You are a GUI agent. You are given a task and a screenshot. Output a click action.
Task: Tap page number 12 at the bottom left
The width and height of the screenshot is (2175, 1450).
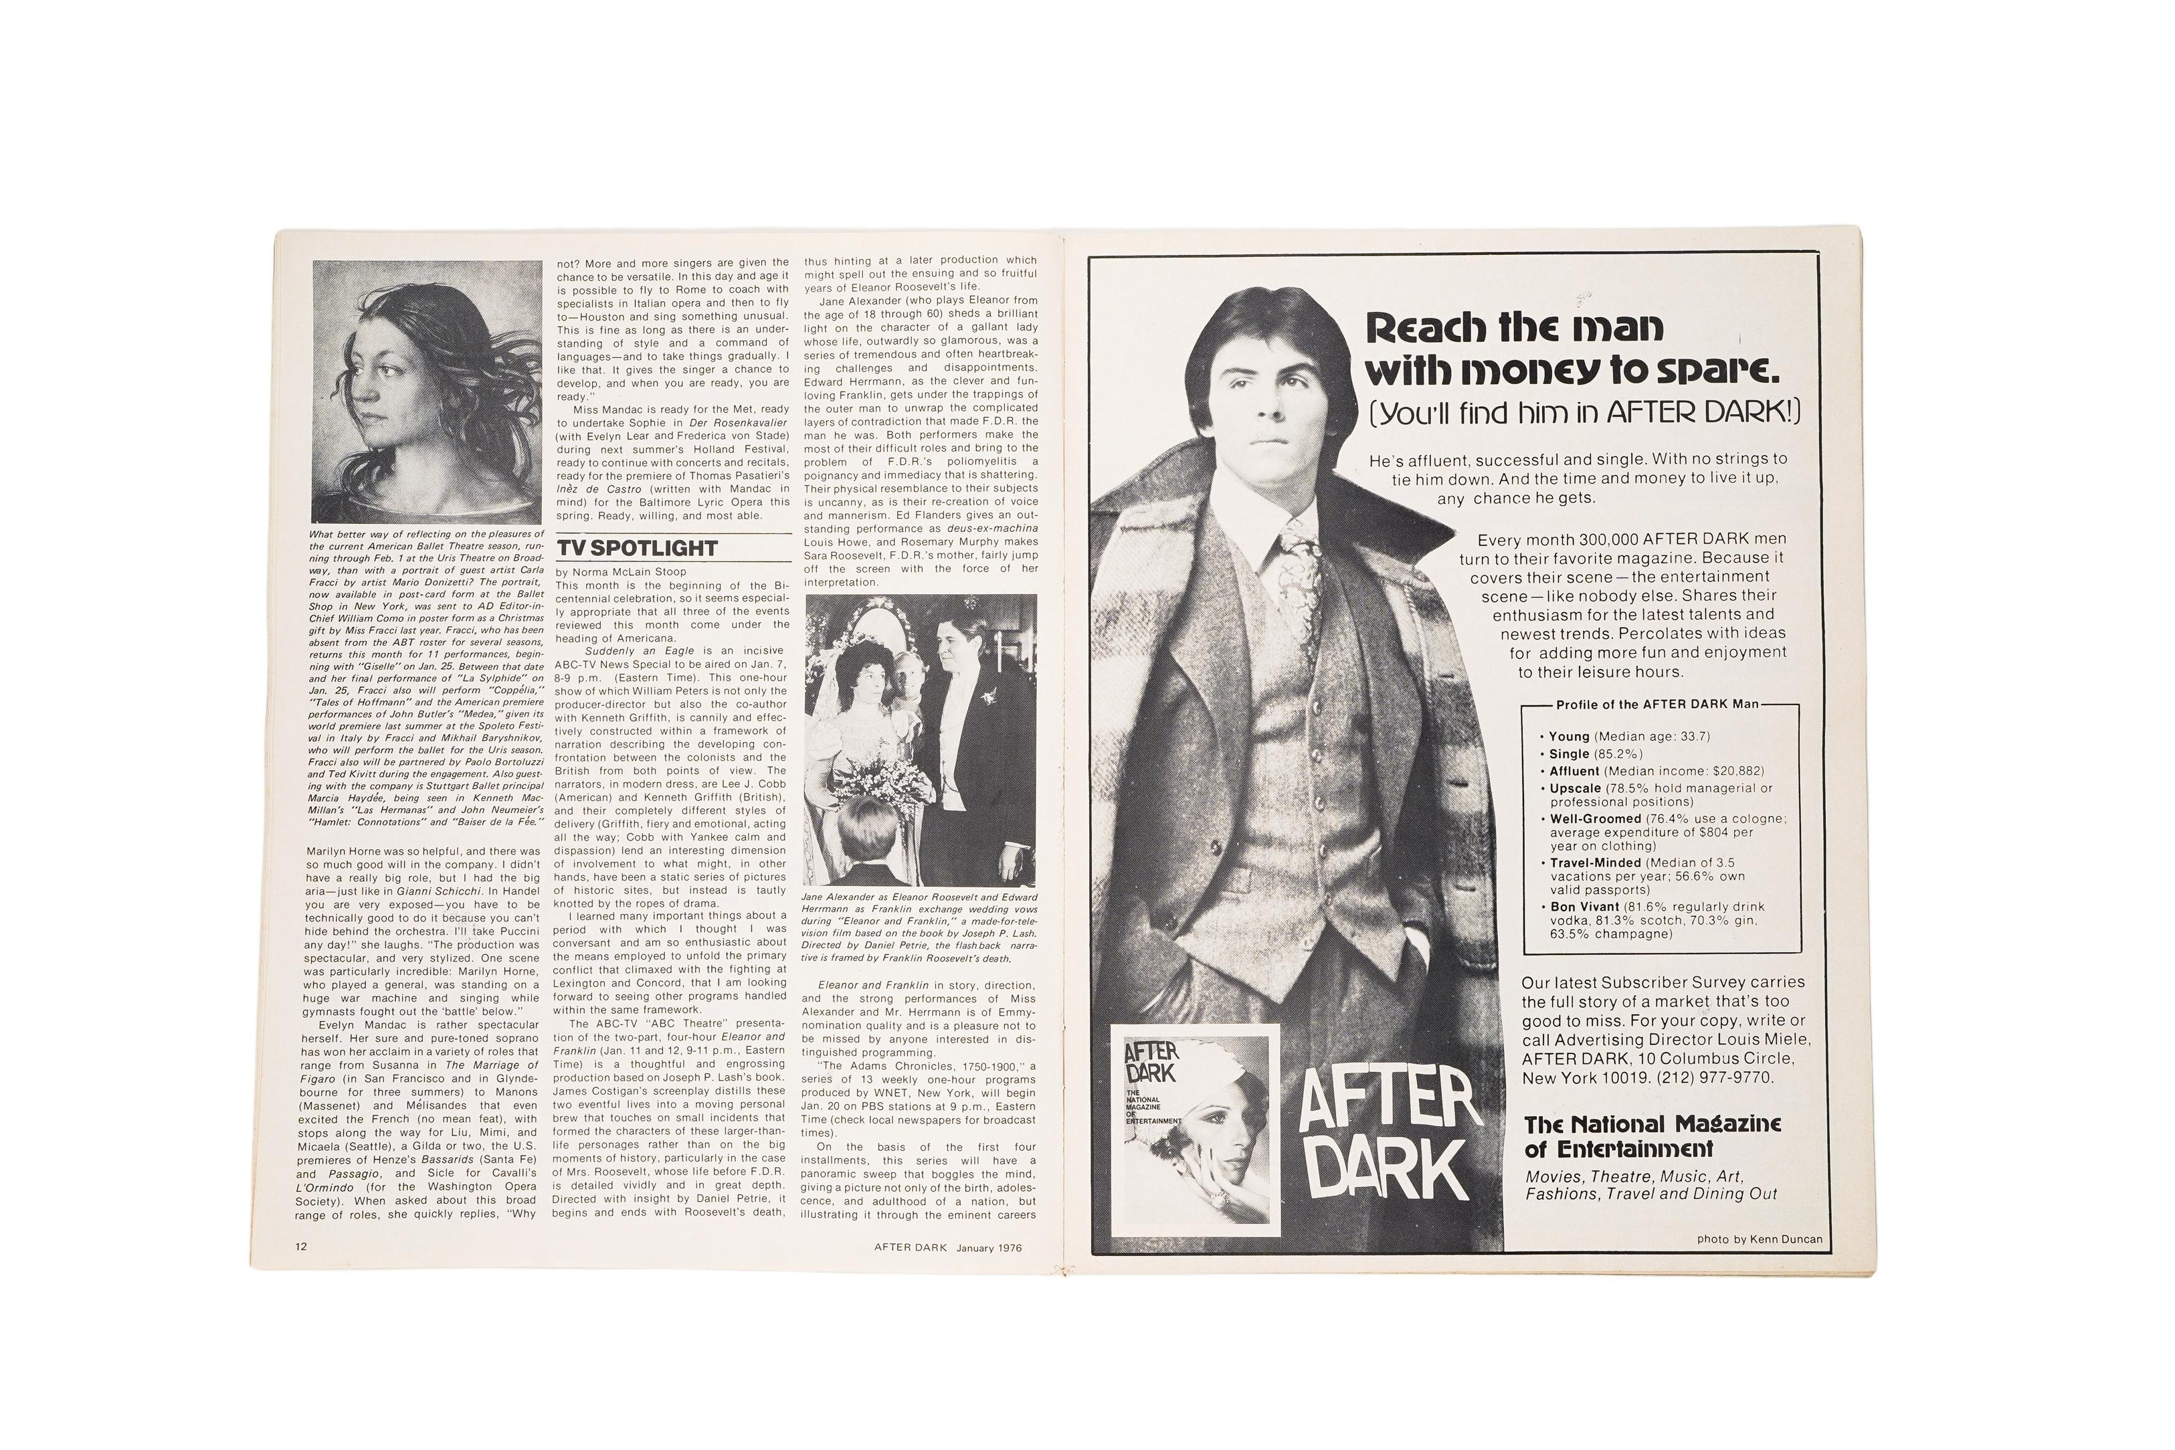(301, 1246)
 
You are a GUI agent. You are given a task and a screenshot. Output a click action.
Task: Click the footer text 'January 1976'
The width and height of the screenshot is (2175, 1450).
(988, 1247)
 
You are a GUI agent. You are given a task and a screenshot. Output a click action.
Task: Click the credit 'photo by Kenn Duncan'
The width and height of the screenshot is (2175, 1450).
(1759, 1239)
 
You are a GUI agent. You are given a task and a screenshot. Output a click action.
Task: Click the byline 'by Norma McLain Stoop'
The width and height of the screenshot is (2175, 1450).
(621, 571)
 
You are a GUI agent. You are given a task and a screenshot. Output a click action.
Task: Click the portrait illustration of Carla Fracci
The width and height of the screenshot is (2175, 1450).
(427, 391)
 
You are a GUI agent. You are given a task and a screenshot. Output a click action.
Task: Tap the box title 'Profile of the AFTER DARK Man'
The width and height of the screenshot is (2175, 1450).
(1657, 705)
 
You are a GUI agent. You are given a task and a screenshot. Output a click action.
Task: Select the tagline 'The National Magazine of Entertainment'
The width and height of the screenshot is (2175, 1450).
(1651, 1136)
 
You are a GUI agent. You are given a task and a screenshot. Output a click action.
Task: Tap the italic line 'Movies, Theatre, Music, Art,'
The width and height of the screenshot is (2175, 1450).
(1633, 1177)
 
